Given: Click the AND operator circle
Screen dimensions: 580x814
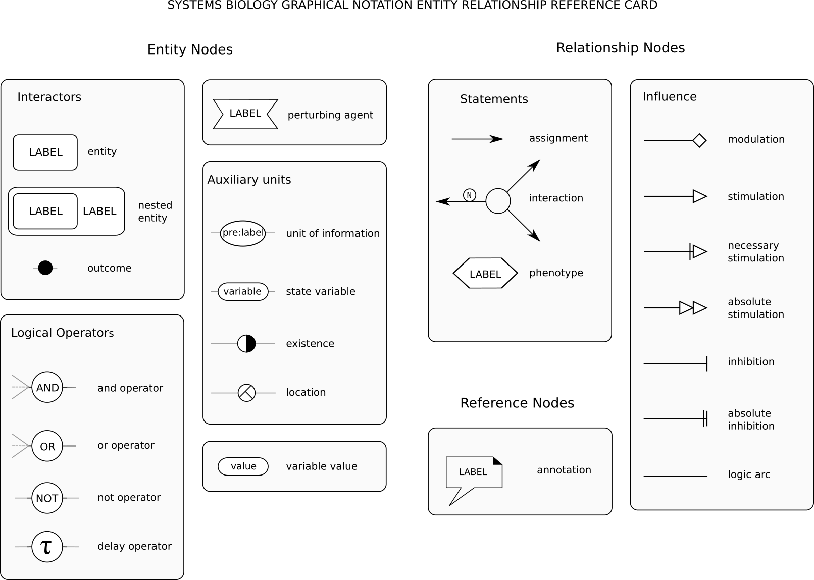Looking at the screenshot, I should [47, 387].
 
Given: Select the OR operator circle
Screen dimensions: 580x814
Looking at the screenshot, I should [47, 446].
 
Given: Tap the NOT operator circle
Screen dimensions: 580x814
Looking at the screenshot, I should [47, 498].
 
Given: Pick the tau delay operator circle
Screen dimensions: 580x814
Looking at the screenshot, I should [47, 547].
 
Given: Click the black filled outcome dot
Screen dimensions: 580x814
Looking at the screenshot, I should [45, 268].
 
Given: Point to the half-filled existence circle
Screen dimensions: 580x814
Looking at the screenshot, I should [246, 344].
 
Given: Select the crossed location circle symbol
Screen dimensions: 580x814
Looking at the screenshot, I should [246, 393].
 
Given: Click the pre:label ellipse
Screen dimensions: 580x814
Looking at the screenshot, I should [242, 233].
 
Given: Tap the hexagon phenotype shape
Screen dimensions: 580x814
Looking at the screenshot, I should [485, 273].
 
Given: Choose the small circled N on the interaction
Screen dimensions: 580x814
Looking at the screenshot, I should [469, 195].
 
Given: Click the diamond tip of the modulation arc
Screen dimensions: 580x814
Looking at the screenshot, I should [699, 140].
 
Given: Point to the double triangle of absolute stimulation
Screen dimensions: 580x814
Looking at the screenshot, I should [693, 308].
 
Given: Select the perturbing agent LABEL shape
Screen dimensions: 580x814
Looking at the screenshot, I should [245, 114].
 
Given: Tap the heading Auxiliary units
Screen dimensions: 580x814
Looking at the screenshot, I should [249, 180].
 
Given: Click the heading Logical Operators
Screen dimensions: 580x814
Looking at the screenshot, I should [63, 333].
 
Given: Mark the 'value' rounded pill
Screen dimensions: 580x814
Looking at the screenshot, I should [243, 466].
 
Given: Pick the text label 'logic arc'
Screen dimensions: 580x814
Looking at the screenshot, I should [749, 474].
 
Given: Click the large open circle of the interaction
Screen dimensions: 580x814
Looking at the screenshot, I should [498, 201].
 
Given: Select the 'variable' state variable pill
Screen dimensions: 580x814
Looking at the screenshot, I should [243, 291].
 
